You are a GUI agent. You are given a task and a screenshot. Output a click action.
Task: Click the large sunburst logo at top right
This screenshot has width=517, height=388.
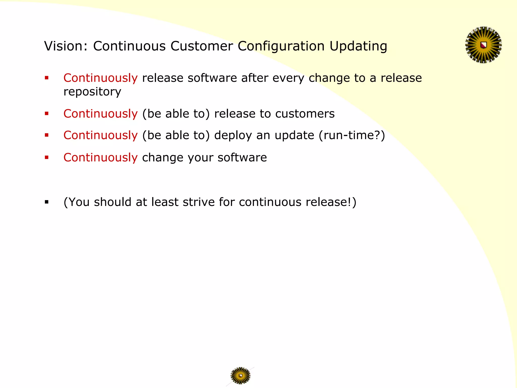pyautogui.click(x=483, y=45)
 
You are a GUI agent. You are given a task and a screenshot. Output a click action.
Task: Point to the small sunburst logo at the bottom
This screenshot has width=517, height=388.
pyautogui.click(x=240, y=376)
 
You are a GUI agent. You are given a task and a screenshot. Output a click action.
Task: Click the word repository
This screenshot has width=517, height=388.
pyautogui.click(x=92, y=92)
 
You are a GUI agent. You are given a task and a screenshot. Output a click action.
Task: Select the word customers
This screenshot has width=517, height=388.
pyautogui.click(x=305, y=114)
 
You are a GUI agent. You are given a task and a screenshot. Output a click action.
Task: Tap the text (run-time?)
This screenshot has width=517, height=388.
pyautogui.click(x=352, y=135)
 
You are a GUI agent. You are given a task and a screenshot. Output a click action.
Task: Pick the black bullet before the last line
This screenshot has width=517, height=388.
pyautogui.click(x=46, y=202)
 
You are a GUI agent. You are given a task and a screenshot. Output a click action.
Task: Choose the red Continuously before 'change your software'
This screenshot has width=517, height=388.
pyautogui.click(x=100, y=157)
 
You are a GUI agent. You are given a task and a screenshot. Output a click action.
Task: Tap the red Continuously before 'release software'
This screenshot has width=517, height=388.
pyautogui.click(x=100, y=78)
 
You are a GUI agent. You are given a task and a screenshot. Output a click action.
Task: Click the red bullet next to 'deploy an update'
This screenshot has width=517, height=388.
pyautogui.click(x=46, y=135)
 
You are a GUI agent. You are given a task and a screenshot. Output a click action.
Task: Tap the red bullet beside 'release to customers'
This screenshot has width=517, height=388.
pyautogui.click(x=46, y=113)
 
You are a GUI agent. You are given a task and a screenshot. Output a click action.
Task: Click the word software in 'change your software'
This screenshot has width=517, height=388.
pyautogui.click(x=242, y=158)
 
